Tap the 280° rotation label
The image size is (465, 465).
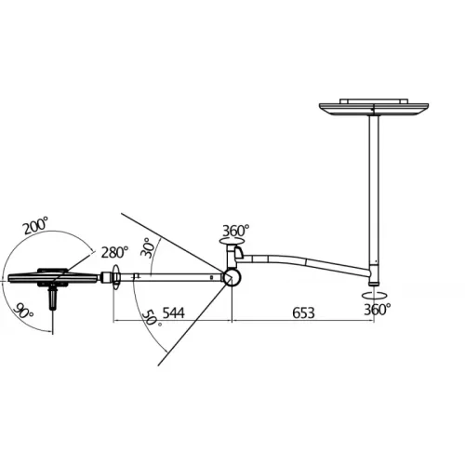coord(114,252)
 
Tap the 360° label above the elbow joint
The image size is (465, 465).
coord(236,231)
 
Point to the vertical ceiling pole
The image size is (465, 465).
coord(374,186)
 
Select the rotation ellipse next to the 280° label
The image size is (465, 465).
coord(116,276)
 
